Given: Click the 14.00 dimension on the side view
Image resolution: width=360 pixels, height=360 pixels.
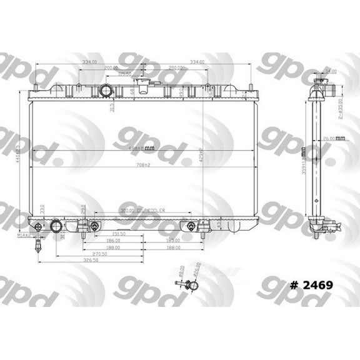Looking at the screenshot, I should pos(331,71).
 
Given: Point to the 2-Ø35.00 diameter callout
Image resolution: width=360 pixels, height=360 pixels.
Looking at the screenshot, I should pos(340,107).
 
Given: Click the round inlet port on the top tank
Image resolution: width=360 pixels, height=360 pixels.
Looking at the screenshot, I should pos(107,92).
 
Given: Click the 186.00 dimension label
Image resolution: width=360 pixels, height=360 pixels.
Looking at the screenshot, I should pos(113,240).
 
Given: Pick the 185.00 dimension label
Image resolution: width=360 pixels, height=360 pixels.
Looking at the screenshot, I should pos(174,240).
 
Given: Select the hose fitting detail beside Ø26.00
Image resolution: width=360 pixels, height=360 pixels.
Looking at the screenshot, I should pos(189,286).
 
